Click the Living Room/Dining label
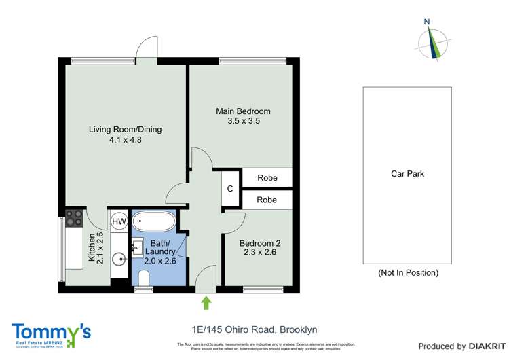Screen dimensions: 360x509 coord(126,130)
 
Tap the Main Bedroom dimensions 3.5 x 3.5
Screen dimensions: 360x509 coord(243,121)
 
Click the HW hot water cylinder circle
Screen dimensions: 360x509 coord(119,221)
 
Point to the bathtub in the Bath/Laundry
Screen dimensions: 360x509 coord(153,221)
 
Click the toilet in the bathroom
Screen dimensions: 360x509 coord(143,277)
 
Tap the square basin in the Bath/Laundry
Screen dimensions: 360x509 coord(137,249)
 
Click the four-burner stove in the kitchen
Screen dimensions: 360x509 coord(73,218)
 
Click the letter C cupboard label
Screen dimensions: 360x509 coord(230,189)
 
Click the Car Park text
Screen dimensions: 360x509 coord(407,174)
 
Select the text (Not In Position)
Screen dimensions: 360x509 coord(407,272)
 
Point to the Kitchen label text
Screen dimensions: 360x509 coord(91,247)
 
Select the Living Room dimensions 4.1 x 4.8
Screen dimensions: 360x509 coord(126,141)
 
